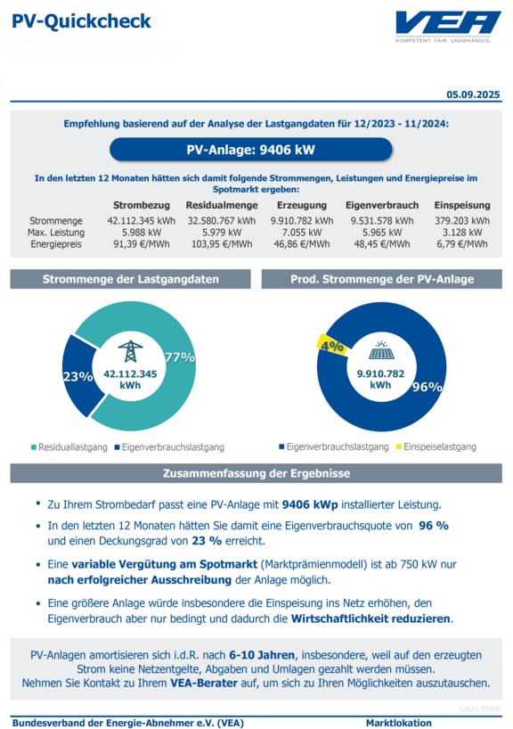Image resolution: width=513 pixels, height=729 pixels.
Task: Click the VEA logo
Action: click(448, 27)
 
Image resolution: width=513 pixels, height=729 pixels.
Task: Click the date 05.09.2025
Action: click(473, 94)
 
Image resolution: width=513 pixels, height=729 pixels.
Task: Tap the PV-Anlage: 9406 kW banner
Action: click(251, 150)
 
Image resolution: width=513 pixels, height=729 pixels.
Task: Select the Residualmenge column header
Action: click(222, 205)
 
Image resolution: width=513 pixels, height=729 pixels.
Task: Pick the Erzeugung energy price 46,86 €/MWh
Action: click(302, 244)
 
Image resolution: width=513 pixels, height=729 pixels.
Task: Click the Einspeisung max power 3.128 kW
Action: click(462, 233)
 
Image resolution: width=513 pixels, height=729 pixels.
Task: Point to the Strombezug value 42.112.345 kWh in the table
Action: click(142, 221)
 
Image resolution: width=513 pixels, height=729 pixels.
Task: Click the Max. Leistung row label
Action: click(56, 233)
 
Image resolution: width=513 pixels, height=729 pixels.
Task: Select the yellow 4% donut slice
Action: click(332, 345)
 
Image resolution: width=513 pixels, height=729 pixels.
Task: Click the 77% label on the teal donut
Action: click(180, 357)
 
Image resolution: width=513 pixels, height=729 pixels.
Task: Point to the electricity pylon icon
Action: click(130, 351)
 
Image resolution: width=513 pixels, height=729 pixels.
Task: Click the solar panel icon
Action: click(381, 350)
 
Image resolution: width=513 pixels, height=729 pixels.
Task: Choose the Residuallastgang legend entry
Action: click(69, 447)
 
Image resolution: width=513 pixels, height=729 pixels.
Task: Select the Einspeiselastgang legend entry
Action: click(436, 446)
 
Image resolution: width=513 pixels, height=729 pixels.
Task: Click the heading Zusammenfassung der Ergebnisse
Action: click(256, 473)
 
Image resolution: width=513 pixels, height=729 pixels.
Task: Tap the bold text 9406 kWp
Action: click(310, 504)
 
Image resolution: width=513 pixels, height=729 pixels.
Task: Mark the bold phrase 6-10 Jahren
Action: click(262, 655)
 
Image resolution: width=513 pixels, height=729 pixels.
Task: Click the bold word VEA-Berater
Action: click(204, 683)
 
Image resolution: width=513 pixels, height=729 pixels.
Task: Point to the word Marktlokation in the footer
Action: click(399, 723)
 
